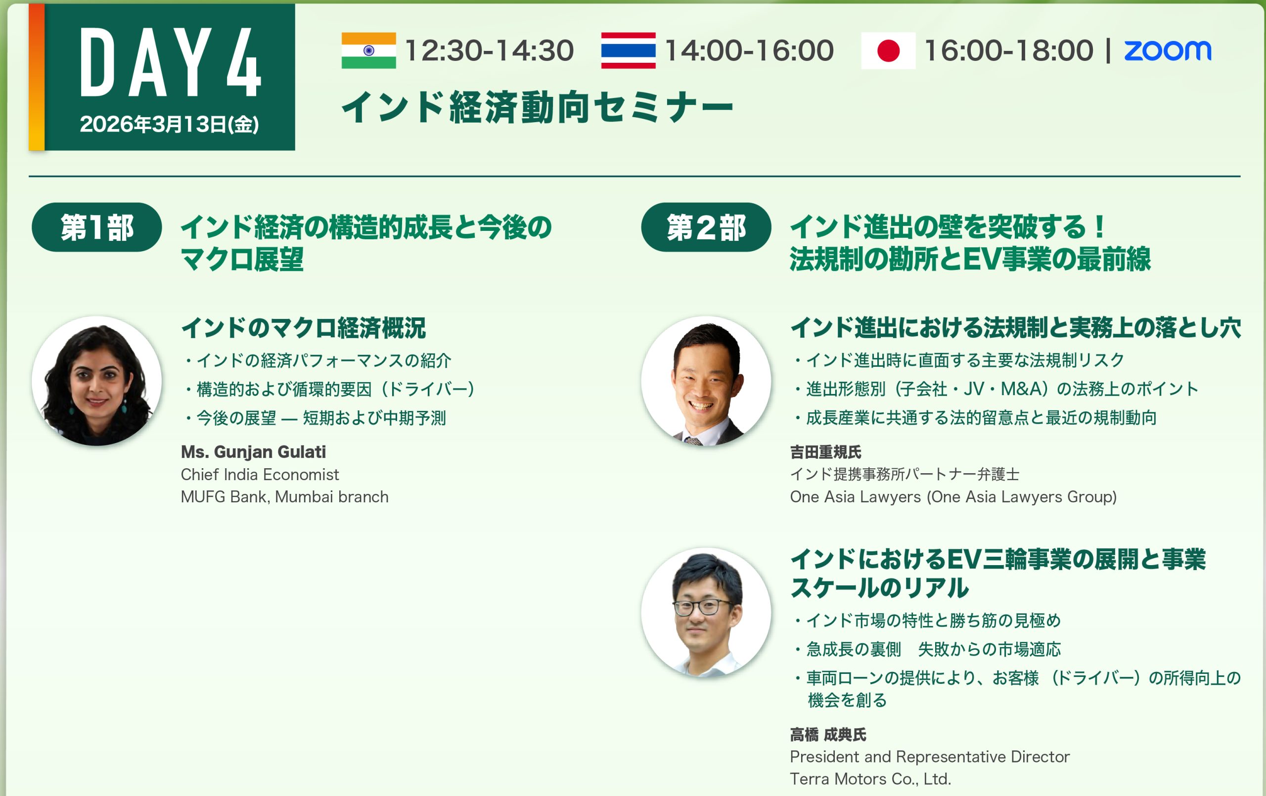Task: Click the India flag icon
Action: (368, 50)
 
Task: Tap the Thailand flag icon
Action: (628, 50)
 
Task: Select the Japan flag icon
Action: (888, 50)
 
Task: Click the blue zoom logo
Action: (1168, 51)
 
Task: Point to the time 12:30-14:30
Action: (489, 50)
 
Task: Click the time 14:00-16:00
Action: (749, 50)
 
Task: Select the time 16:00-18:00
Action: (1008, 50)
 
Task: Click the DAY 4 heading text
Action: (170, 62)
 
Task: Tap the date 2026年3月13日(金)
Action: (169, 125)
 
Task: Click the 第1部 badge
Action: (97, 227)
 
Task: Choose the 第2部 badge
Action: (706, 227)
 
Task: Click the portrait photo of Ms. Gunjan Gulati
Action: (97, 381)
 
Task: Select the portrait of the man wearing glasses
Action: (706, 613)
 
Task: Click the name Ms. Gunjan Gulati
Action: (253, 451)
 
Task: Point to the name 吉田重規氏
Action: (825, 451)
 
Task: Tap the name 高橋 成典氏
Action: (828, 735)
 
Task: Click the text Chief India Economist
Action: (260, 475)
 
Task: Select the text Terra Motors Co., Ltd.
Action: (871, 779)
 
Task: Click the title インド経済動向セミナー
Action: (538, 107)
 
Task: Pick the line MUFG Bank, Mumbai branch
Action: (284, 497)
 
